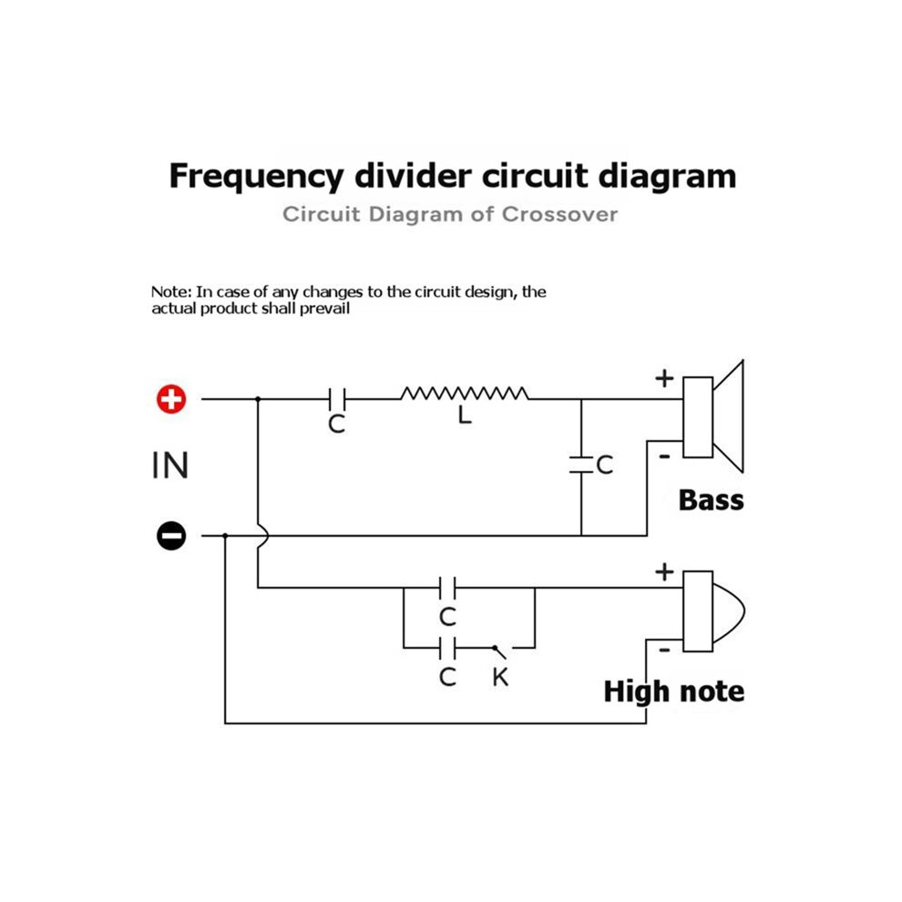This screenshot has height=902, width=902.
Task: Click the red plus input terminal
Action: point(171,399)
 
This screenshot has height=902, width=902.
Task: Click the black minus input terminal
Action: point(171,536)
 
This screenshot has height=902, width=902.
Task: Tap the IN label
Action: point(169,466)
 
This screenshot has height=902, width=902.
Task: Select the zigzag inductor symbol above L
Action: point(465,394)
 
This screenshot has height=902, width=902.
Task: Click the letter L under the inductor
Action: point(465,415)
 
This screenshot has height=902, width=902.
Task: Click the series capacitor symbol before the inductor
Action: point(337,399)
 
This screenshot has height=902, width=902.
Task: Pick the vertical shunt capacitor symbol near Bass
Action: point(581,466)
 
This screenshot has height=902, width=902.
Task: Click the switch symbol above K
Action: point(500,651)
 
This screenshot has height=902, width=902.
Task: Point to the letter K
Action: point(500,677)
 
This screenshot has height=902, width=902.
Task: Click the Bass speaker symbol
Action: point(713,416)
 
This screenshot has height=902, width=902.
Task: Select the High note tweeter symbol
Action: point(713,611)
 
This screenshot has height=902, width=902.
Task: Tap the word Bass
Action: point(711,500)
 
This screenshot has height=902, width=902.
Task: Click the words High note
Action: point(673,691)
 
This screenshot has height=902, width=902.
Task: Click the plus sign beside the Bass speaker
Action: point(664,378)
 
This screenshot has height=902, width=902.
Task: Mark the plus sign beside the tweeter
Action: point(664,572)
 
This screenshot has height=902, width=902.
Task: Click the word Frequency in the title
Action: point(257,177)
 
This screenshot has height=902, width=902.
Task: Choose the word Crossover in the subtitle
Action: point(559,214)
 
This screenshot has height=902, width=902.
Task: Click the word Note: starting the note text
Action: point(171,292)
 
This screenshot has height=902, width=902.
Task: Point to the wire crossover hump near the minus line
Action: point(263,536)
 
